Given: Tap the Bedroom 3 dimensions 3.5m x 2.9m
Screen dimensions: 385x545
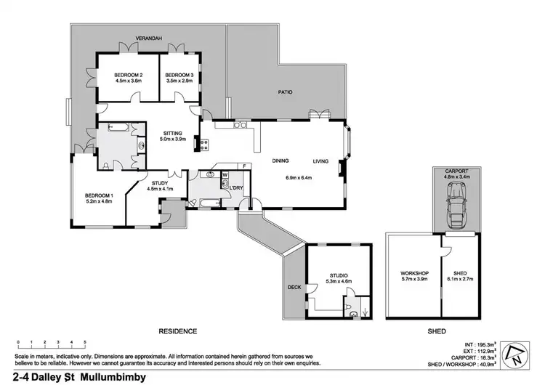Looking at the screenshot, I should [x=178, y=82].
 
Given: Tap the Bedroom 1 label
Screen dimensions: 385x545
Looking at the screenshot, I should [x=98, y=196].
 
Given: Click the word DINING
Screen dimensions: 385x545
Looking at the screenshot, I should [x=282, y=161].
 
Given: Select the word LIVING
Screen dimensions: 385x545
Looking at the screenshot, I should [x=321, y=161].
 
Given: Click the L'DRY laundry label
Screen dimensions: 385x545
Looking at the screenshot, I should [x=235, y=188].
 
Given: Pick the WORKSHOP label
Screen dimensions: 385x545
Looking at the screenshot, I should [x=415, y=273].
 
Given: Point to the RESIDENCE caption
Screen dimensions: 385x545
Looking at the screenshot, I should [x=178, y=331].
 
